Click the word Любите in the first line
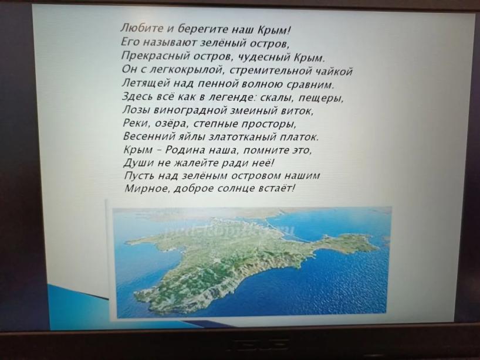click(142, 29)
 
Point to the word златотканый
click(242, 137)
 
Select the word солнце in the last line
click(235, 189)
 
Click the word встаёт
click(276, 189)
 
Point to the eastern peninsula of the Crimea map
click(343, 242)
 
